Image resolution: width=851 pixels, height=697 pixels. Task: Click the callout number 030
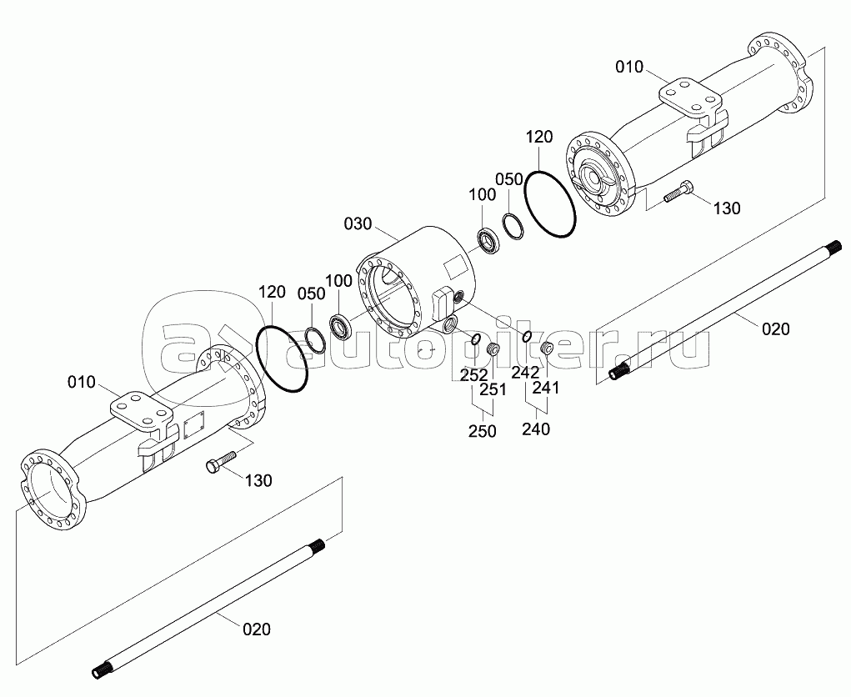point(358,223)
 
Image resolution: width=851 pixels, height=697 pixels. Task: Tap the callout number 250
point(483,431)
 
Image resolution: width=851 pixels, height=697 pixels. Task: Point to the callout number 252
point(473,375)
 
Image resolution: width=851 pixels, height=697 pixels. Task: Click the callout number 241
point(545,389)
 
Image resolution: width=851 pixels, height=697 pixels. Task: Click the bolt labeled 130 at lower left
point(223,461)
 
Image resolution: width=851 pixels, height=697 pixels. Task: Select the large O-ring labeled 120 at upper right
point(550,203)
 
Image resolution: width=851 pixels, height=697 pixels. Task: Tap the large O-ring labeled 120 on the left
point(281,359)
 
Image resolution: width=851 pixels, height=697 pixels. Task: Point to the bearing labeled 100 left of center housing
point(342,328)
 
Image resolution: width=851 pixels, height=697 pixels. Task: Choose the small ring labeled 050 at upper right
point(513,227)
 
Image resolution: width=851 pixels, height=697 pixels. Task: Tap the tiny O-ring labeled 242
point(526,337)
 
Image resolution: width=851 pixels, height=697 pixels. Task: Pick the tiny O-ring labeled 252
point(475,340)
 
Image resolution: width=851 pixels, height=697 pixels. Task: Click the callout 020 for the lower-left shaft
point(257,629)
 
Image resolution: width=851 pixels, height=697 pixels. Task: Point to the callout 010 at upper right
point(629,68)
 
